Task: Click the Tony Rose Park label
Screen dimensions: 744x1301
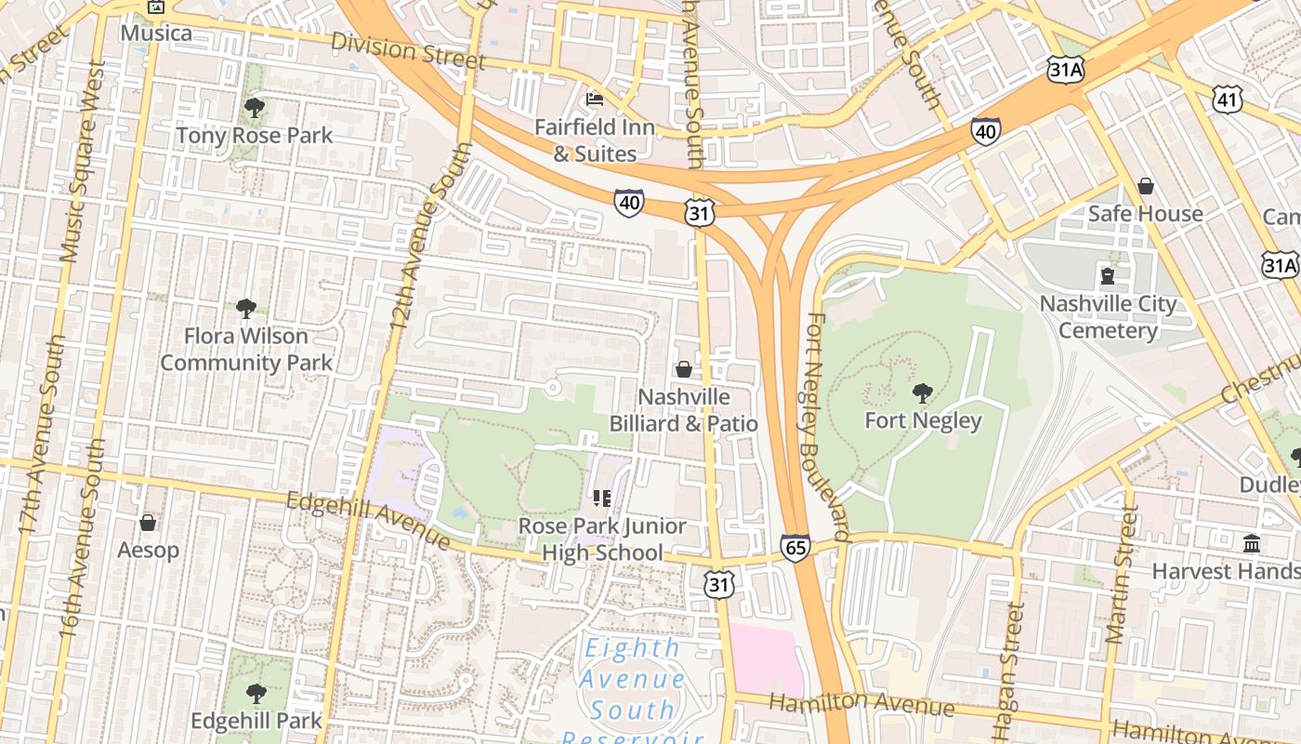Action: click(x=254, y=136)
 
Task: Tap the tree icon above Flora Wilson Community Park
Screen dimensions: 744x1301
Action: click(x=246, y=308)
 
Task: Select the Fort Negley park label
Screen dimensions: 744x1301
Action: click(x=923, y=421)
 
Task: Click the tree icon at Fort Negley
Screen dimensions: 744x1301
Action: click(x=922, y=392)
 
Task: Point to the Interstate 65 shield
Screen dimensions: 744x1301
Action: click(x=795, y=548)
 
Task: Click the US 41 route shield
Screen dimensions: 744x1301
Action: click(x=1228, y=99)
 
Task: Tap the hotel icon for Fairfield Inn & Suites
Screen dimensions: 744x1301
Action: click(x=595, y=100)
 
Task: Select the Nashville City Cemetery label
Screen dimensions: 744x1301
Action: click(x=1108, y=317)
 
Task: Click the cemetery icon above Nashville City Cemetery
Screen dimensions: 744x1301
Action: click(x=1107, y=275)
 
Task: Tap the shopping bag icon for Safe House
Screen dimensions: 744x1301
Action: click(x=1146, y=186)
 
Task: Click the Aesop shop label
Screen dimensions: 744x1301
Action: click(x=148, y=551)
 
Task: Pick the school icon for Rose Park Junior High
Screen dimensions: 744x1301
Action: click(x=601, y=499)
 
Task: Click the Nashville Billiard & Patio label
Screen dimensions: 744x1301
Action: click(x=683, y=410)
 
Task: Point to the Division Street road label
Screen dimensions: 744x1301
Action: click(x=408, y=50)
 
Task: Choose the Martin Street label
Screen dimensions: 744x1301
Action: click(x=1121, y=575)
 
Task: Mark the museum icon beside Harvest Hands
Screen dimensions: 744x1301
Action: click(x=1252, y=543)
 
